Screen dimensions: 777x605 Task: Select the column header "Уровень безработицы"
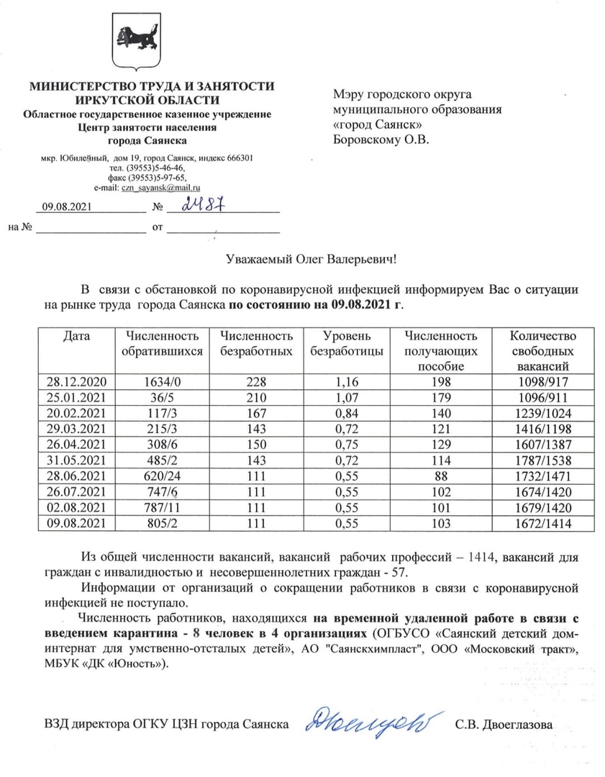point(346,343)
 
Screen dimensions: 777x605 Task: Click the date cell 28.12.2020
point(75,381)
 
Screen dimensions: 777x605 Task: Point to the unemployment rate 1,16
point(347,381)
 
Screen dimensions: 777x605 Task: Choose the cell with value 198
point(441,381)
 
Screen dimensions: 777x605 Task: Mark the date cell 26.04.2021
point(75,444)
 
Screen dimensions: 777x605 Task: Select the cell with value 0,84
point(347,412)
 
